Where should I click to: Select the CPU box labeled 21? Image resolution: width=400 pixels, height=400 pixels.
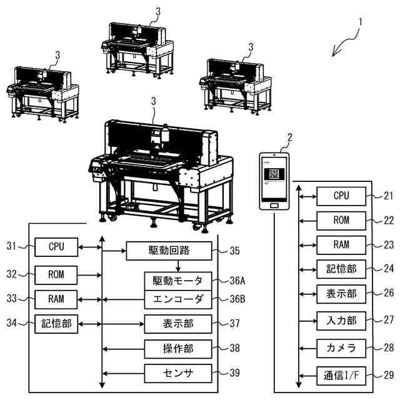click(341, 196)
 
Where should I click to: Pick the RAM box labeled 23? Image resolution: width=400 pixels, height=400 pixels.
click(341, 244)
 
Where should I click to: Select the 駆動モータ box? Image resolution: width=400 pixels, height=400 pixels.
click(178, 279)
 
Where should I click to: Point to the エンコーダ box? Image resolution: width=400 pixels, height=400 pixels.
click(178, 299)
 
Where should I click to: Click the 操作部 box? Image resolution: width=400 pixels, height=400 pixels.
click(178, 347)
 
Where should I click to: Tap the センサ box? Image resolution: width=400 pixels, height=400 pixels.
click(178, 373)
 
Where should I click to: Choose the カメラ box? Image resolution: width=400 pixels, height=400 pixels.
click(341, 346)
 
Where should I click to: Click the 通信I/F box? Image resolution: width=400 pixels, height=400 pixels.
click(341, 375)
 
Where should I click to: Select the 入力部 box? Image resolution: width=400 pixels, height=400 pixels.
click(341, 321)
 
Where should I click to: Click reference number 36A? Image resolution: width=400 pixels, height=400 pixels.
click(237, 280)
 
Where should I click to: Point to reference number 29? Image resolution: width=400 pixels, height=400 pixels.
click(388, 375)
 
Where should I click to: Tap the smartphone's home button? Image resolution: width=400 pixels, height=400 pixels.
click(275, 204)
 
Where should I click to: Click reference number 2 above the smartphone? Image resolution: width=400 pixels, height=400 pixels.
click(288, 137)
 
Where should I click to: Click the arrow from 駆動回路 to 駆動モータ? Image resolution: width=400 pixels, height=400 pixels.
click(178, 266)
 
